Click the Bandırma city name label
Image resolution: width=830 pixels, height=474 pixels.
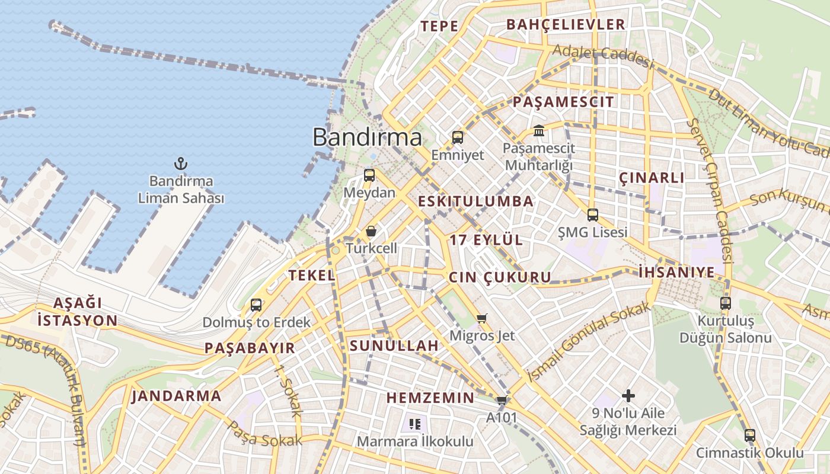[367, 137]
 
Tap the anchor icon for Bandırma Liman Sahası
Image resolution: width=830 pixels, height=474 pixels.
[180, 164]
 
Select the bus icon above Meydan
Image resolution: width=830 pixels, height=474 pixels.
[369, 175]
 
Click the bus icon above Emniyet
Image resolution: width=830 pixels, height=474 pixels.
[458, 137]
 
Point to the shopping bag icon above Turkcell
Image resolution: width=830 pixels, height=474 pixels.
[371, 231]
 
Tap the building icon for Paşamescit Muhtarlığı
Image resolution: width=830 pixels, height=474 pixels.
[538, 130]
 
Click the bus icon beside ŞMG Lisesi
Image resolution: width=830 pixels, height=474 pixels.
[592, 215]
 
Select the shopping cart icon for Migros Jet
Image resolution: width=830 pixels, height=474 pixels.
[482, 319]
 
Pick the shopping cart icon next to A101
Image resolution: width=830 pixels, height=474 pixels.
[502, 400]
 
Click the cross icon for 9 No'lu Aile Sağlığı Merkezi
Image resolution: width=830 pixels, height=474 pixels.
[628, 395]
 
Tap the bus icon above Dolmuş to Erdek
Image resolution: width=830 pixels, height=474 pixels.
[256, 305]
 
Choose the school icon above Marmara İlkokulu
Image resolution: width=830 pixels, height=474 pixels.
[415, 424]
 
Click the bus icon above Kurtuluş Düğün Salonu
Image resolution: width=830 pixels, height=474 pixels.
[725, 303]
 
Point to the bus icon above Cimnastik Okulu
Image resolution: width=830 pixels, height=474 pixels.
[750, 435]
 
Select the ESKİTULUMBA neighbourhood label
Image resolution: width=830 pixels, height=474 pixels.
[475, 201]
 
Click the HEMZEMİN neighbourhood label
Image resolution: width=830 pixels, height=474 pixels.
[430, 398]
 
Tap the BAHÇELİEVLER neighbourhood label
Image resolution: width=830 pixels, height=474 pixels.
[566, 25]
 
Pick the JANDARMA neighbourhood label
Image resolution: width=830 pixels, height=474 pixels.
[176, 396]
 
